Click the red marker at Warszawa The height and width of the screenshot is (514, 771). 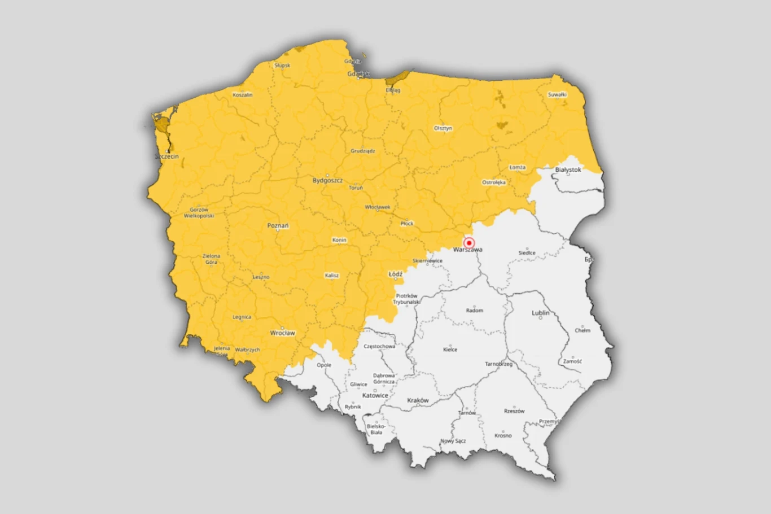click(x=468, y=243)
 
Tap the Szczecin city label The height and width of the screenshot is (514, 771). click(x=167, y=156)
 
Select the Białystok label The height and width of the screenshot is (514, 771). click(x=568, y=169)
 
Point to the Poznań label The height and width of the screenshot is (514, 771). click(x=278, y=226)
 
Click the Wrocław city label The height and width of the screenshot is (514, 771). click(x=282, y=333)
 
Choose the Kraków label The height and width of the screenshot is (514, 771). click(x=418, y=400)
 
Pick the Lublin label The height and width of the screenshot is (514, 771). click(x=540, y=313)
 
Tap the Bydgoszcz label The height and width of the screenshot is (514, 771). click(x=327, y=181)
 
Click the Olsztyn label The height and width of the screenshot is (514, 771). click(x=443, y=128)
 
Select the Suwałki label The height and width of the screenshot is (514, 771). click(x=557, y=95)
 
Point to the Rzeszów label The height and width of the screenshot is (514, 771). click(x=514, y=411)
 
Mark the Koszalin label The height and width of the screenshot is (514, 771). click(x=243, y=95)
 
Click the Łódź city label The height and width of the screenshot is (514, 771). click(x=396, y=275)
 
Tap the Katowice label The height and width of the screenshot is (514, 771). click(x=375, y=395)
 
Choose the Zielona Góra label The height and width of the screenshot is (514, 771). click(x=212, y=259)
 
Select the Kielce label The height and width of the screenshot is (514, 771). click(x=450, y=350)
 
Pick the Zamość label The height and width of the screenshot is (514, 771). click(x=572, y=361)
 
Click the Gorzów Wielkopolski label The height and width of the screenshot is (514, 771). click(x=199, y=213)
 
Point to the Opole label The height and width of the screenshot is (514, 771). click(x=324, y=365)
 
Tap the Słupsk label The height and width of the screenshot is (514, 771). click(x=282, y=66)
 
